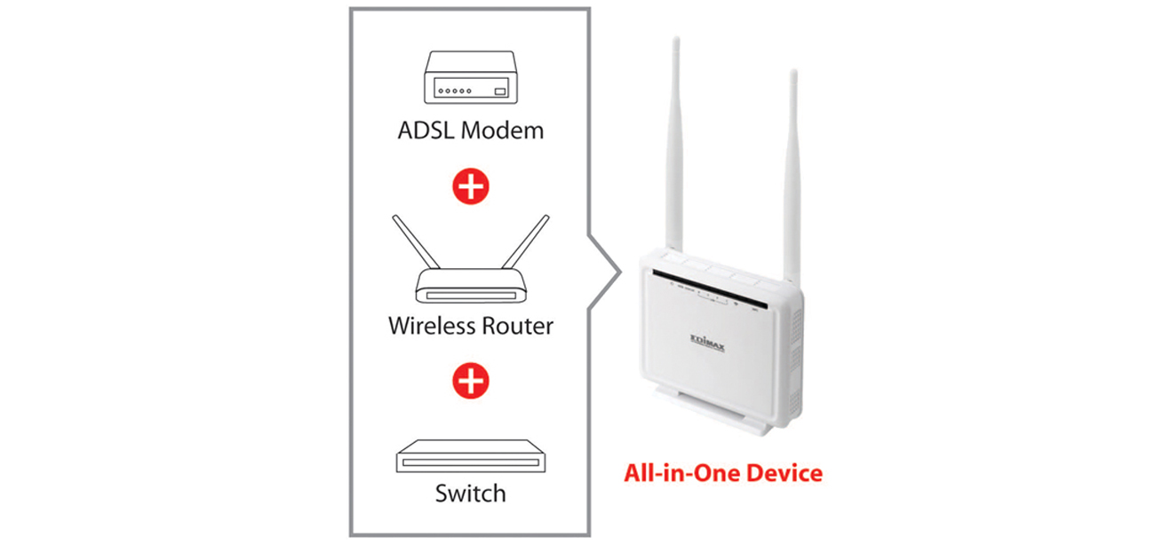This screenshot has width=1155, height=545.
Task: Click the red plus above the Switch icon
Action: [x=470, y=381]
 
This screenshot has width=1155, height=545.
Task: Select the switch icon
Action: [x=470, y=457]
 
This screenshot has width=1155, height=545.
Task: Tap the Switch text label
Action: [x=470, y=494]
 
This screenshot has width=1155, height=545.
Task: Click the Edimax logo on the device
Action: [x=707, y=342]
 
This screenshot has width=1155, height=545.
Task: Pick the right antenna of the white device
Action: [x=790, y=169]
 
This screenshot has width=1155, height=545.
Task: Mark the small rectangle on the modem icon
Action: [x=499, y=91]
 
